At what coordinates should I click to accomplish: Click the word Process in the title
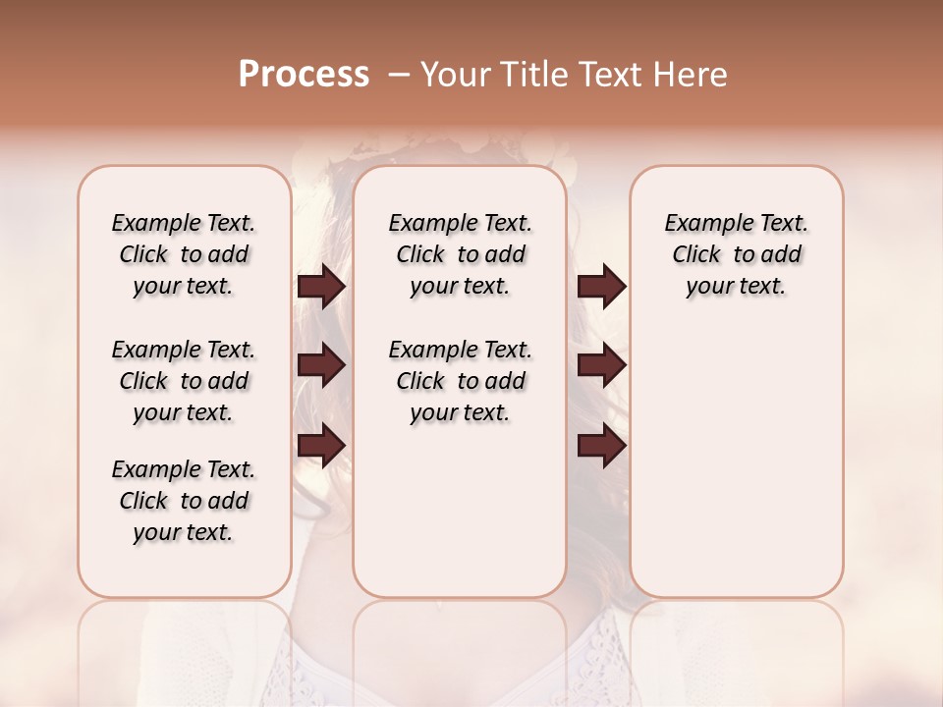[304, 75]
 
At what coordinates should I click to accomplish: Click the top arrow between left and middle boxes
[321, 287]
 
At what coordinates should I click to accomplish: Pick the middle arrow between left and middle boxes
[321, 366]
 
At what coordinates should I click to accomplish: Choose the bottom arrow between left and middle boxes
[321, 445]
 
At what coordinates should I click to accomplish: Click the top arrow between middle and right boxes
[601, 287]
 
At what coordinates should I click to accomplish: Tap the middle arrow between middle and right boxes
[601, 366]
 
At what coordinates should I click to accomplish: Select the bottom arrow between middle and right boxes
[601, 445]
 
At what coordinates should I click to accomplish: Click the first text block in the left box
[184, 254]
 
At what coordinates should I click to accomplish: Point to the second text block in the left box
[184, 381]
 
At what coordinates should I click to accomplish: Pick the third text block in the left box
[184, 501]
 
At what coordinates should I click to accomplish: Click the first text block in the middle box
[461, 254]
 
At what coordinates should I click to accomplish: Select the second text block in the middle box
[461, 381]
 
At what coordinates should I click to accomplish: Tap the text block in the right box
[737, 254]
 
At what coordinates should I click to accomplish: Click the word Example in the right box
[703, 224]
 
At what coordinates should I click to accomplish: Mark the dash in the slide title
[399, 75]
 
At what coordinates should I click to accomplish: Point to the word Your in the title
[451, 75]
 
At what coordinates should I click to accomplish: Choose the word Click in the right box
[696, 255]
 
